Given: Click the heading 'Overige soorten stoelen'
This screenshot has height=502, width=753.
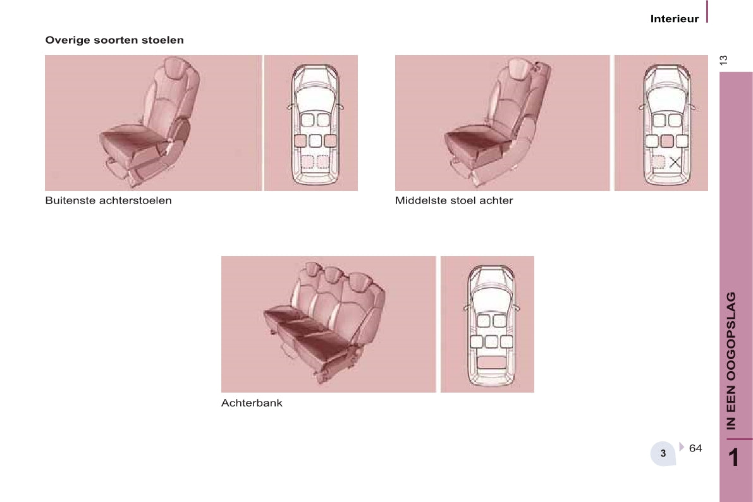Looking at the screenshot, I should coord(114,40).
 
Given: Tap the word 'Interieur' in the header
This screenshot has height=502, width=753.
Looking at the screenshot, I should coord(675,19).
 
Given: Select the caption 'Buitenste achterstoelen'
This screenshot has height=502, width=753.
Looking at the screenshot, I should coord(108,200).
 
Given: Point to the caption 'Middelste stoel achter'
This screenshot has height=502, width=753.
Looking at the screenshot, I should coord(454,200).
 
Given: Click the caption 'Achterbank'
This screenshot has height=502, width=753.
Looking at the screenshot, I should coord(252,403).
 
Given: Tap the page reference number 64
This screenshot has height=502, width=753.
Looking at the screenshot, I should coord(695,448).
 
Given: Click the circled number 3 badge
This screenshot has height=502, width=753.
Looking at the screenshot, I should coord(663,453).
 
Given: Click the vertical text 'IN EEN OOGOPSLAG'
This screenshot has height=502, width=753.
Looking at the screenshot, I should coord(732,360).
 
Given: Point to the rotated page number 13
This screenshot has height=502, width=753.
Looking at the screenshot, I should coord(724,60).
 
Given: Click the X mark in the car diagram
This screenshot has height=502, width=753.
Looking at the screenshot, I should coord(675,162).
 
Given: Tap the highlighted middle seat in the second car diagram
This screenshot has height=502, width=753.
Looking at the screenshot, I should coord(666,141).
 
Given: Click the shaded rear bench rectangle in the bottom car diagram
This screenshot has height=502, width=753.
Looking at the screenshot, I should coord(491,362).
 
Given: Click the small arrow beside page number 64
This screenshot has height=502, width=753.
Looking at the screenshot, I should coord(682,447).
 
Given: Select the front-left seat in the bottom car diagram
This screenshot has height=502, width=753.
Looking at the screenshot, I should coord(483,321).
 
